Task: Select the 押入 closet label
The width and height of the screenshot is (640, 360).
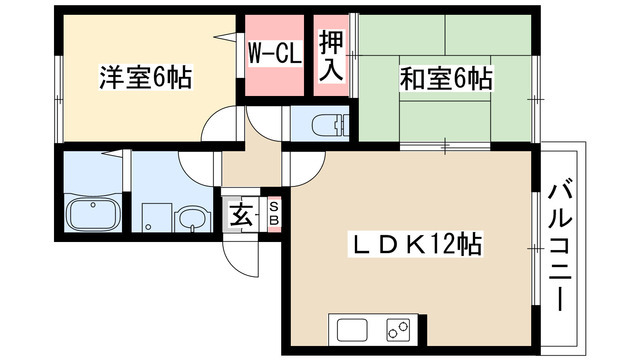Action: click(331, 56)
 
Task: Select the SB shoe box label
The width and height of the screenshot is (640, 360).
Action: click(273, 213)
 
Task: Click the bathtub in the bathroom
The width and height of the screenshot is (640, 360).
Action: click(93, 214)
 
